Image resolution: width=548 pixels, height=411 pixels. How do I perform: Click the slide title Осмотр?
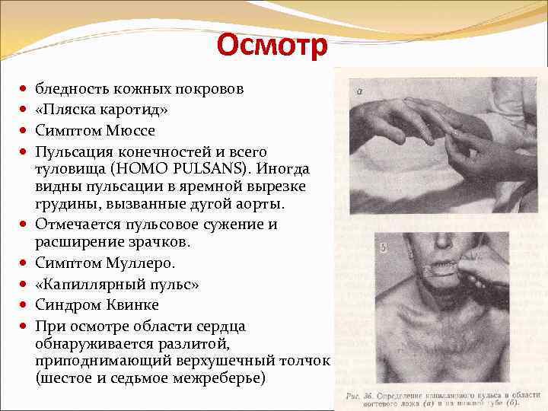(272, 46)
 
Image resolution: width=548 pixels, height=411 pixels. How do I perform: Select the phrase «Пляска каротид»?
(102, 110)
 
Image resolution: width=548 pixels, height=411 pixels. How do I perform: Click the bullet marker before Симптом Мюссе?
(25, 131)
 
